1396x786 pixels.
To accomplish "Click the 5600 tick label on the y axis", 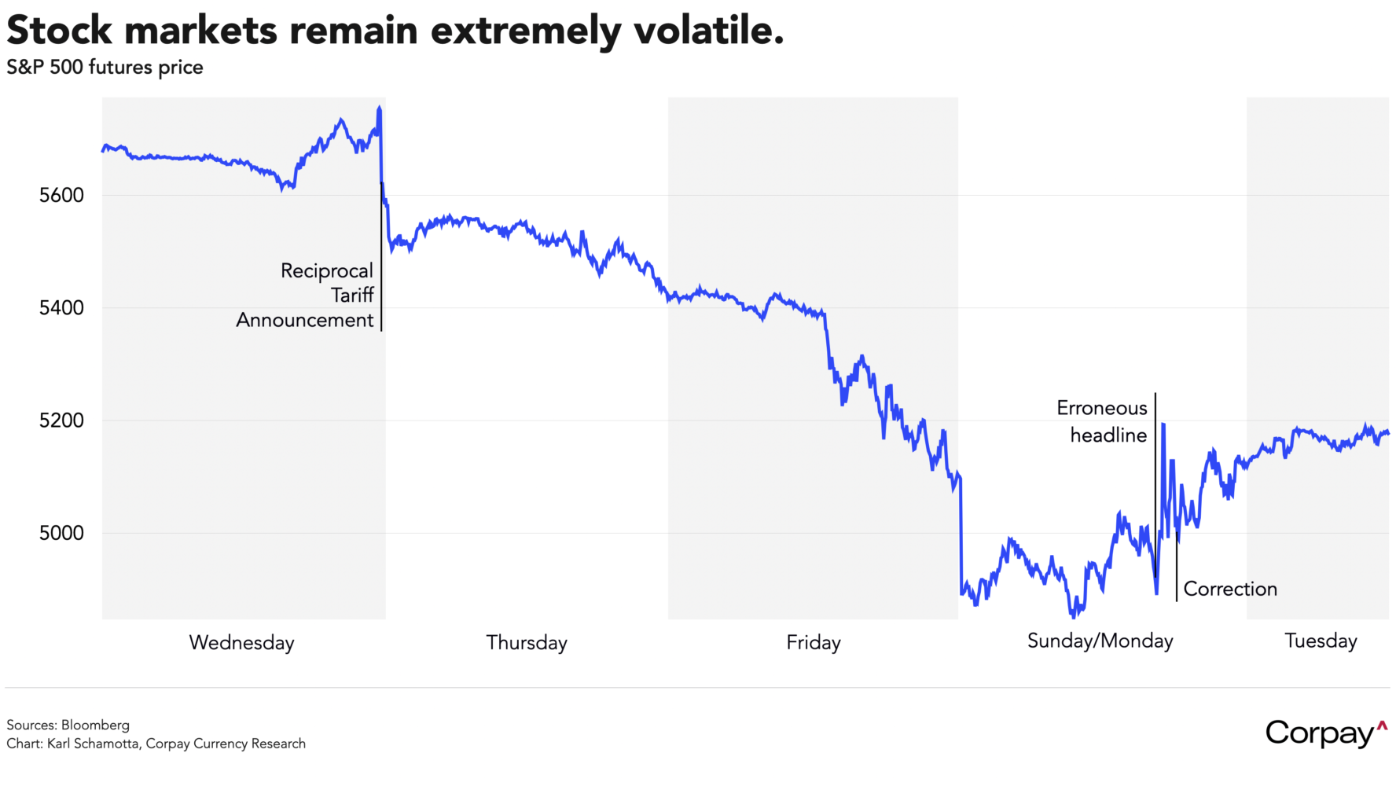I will pyautogui.click(x=61, y=195).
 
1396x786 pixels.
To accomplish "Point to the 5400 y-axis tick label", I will pyautogui.click(x=61, y=307).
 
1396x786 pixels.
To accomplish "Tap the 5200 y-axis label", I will pyautogui.click(x=61, y=421).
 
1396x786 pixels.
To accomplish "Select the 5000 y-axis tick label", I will pyautogui.click(x=61, y=533).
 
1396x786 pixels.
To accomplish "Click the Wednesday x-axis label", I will pyautogui.click(x=241, y=642).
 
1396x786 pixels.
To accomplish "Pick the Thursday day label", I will pyautogui.click(x=527, y=642).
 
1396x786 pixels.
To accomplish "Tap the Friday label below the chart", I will pyautogui.click(x=814, y=642).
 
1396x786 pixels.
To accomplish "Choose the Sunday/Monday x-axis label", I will pyautogui.click(x=1100, y=641).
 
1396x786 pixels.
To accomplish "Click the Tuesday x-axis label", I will pyautogui.click(x=1321, y=641).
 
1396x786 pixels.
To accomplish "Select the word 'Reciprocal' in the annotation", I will pyautogui.click(x=326, y=271).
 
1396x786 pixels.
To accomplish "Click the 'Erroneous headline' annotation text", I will pyautogui.click(x=1102, y=421).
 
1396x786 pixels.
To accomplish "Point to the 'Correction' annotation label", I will pyautogui.click(x=1230, y=589).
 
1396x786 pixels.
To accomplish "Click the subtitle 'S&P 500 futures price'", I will pyautogui.click(x=105, y=68).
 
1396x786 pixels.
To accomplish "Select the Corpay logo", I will pyautogui.click(x=1325, y=733).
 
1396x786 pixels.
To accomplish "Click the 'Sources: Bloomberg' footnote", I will pyautogui.click(x=68, y=725).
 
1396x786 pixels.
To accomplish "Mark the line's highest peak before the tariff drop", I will pyautogui.click(x=380, y=108).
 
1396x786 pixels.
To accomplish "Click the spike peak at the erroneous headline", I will pyautogui.click(x=1163, y=424).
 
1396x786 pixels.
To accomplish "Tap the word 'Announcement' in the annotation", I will pyautogui.click(x=305, y=320).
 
